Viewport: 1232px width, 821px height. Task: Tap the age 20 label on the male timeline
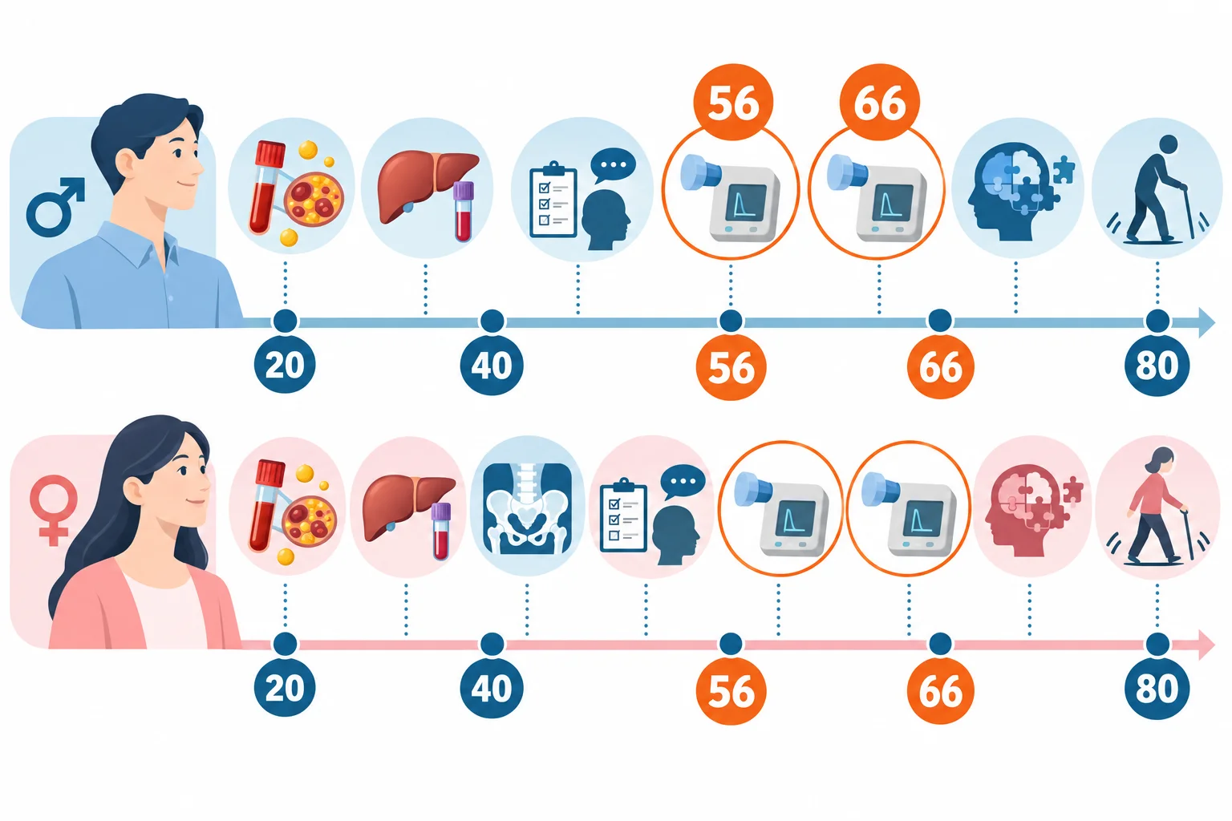point(285,364)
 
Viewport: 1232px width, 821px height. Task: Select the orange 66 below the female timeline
point(940,690)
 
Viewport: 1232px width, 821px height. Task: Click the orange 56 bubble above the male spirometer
point(733,103)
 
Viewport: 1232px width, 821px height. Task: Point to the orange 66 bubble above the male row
point(879,103)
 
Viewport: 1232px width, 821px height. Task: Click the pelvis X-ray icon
point(526,508)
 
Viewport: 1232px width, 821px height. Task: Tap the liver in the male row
point(427,185)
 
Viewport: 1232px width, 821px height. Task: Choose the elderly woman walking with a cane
point(1155,505)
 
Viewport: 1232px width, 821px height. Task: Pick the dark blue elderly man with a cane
point(1155,190)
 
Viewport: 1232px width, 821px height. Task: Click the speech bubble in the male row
point(613,165)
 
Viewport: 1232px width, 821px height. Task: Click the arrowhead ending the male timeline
point(1206,322)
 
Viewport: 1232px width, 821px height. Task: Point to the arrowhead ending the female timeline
point(1206,645)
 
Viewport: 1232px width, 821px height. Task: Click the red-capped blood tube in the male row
point(267,188)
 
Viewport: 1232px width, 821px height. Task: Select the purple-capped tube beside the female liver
point(440,532)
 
